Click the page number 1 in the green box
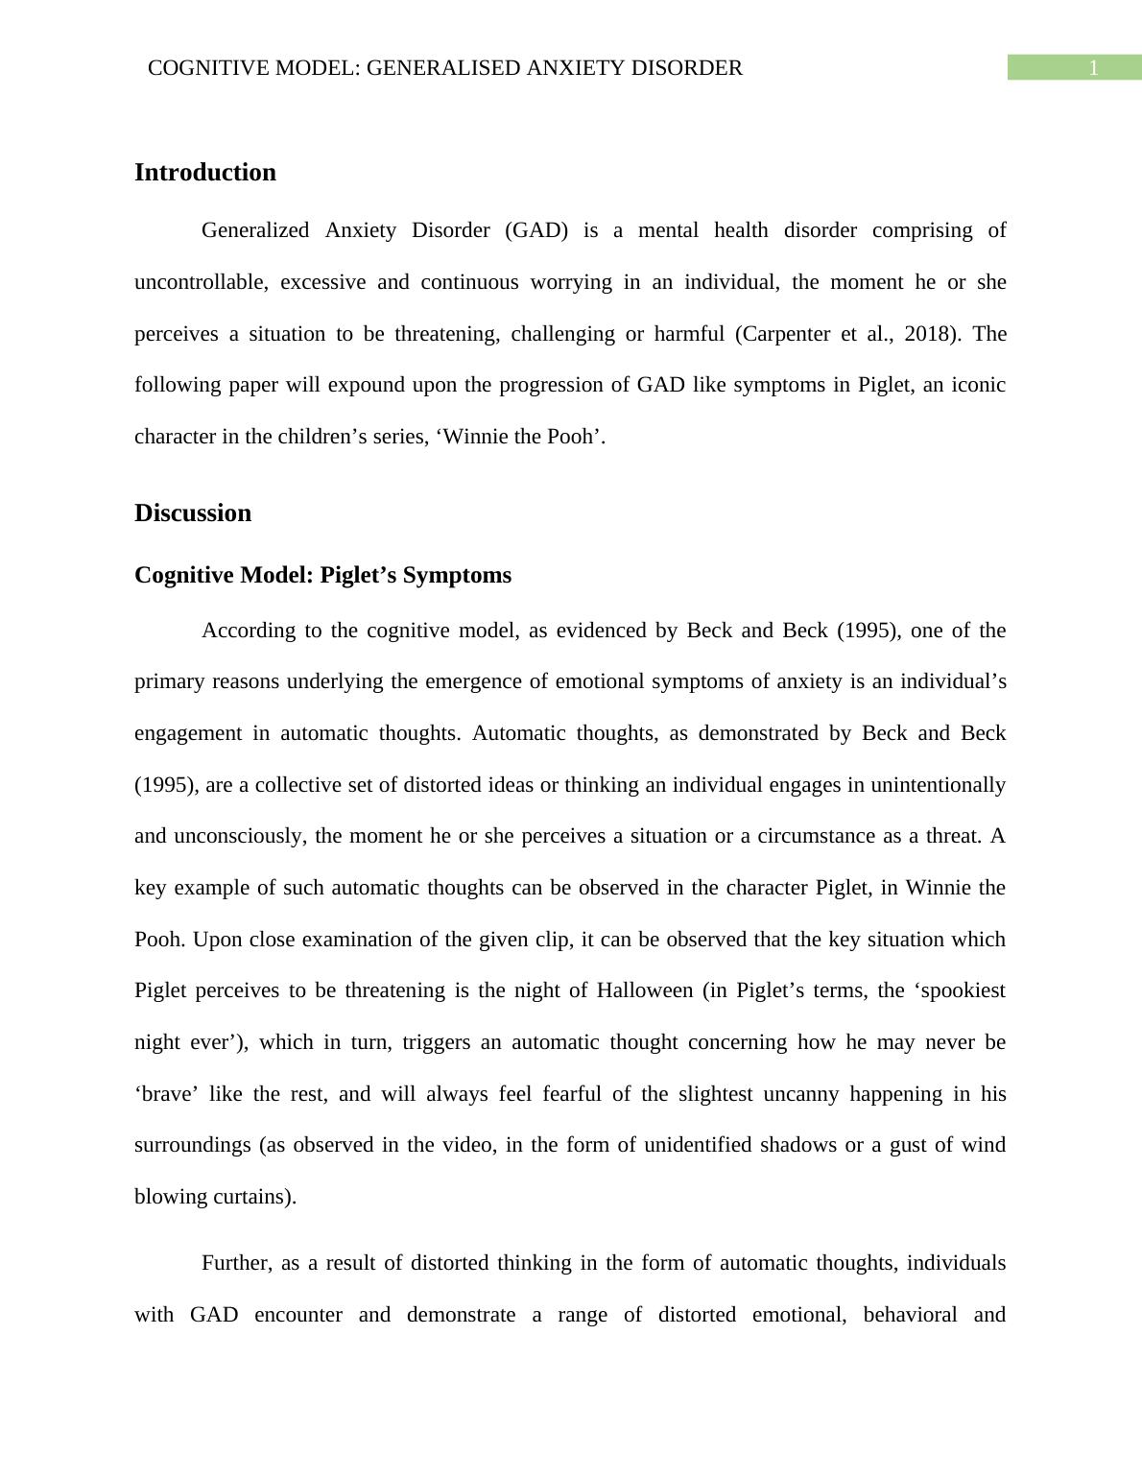[1092, 68]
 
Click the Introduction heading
[204, 173]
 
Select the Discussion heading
[192, 513]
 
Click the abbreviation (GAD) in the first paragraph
[536, 231]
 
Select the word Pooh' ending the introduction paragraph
[576, 437]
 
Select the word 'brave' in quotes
[164, 1094]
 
